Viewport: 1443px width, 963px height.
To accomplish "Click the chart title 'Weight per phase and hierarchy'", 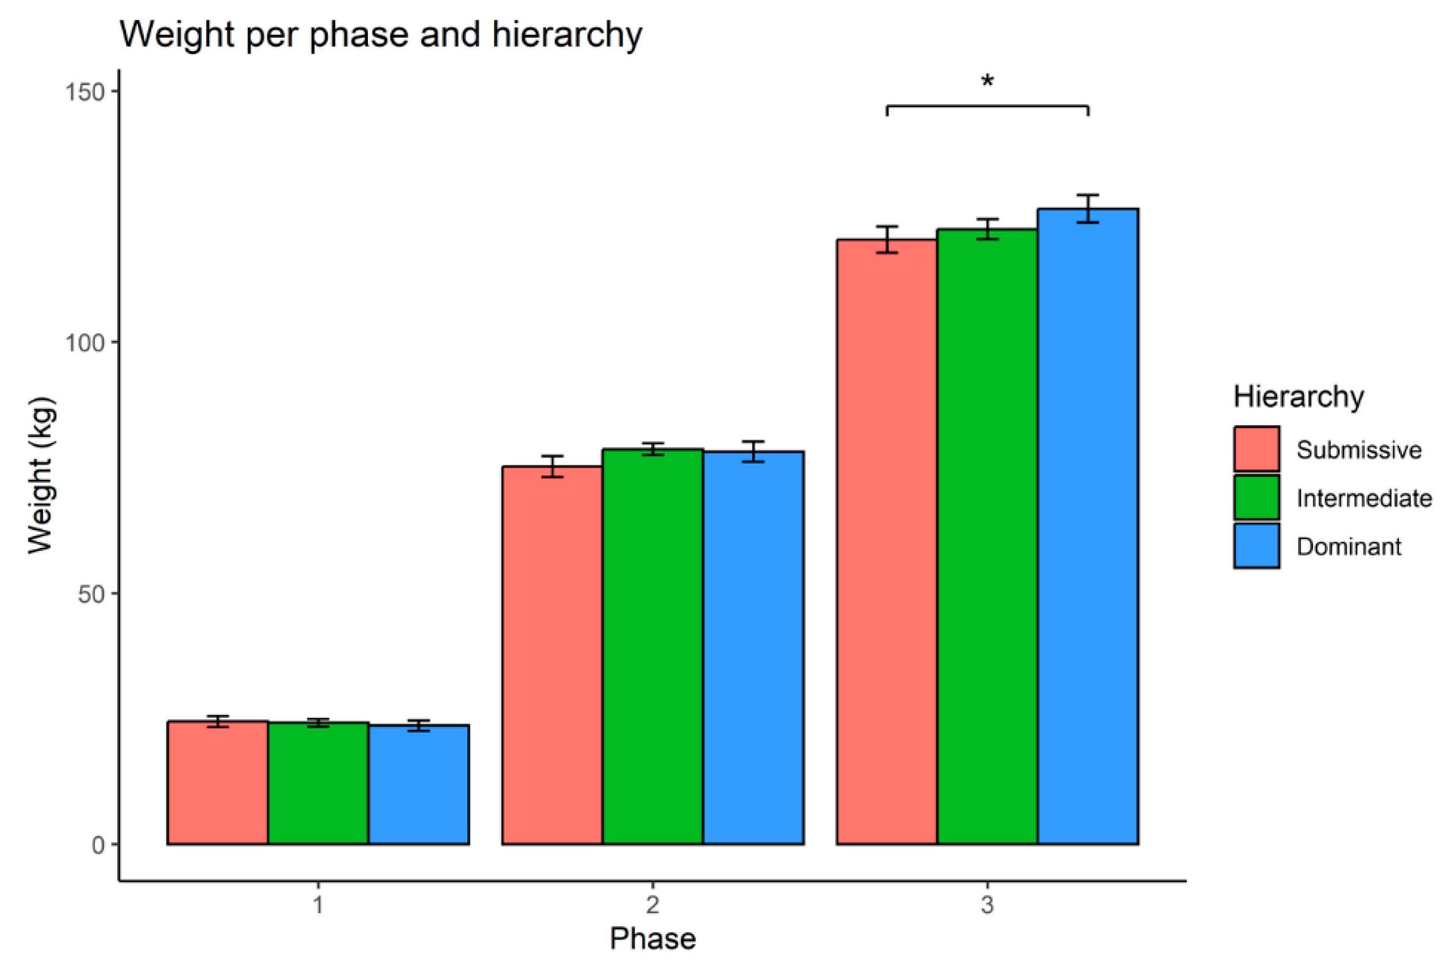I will tap(381, 34).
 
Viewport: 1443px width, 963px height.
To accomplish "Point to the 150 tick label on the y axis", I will tap(85, 92).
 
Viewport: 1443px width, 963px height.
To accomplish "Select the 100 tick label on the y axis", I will tap(85, 343).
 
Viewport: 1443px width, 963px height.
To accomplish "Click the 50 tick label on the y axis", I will tap(91, 594).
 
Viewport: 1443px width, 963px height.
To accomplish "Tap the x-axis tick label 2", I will tap(652, 905).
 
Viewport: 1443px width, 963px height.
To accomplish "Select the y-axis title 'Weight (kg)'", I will tap(42, 475).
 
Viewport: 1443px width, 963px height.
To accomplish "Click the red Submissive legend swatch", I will tap(1256, 449).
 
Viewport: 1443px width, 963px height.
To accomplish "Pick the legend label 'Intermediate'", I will tap(1364, 498).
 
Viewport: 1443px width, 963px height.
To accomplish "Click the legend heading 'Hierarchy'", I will tap(1299, 397).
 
